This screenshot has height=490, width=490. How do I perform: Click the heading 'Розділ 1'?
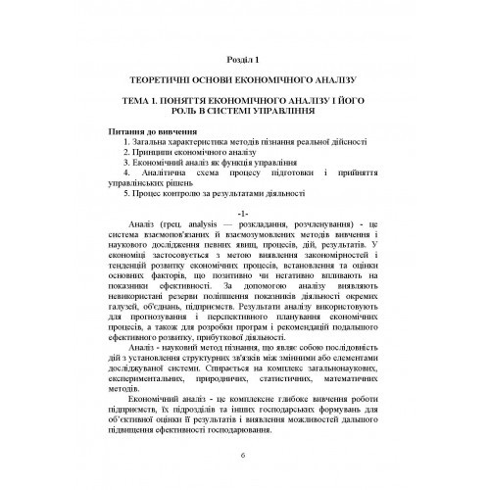click(x=244, y=58)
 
